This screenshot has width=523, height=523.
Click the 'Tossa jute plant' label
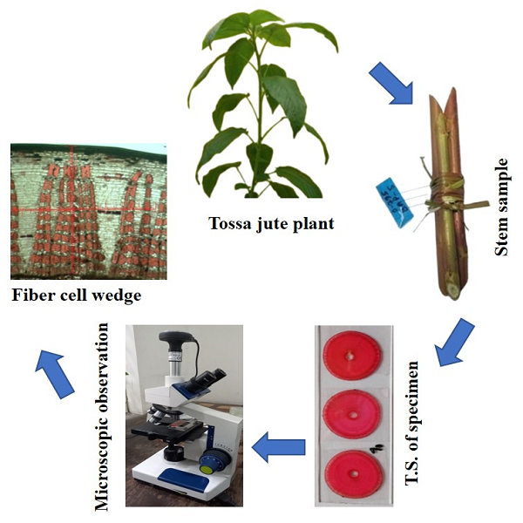pyautogui.click(x=271, y=223)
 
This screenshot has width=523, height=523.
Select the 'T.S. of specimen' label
pyautogui.click(x=417, y=423)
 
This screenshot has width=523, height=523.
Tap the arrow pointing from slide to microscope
pyautogui.click(x=278, y=447)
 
